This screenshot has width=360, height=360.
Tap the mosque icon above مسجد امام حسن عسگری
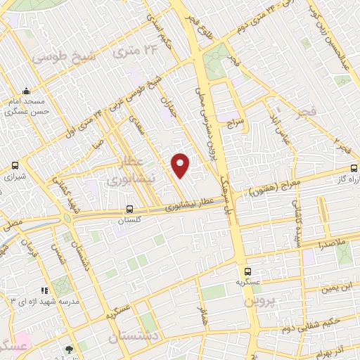click(27, 91)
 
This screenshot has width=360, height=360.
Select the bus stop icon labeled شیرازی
click(15, 166)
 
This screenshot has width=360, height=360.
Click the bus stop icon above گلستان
click(129, 209)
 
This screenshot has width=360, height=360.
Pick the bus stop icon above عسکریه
click(247, 271)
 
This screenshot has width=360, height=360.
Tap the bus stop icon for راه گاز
click(354, 169)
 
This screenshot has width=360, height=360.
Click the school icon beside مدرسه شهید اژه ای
click(44, 289)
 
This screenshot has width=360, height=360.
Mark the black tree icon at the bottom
click(68, 349)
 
